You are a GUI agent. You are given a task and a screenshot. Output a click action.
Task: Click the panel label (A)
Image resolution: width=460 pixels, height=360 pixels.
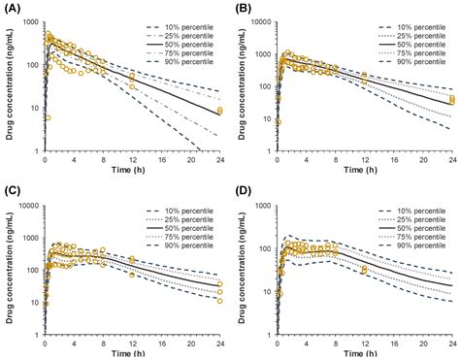tap(15, 9)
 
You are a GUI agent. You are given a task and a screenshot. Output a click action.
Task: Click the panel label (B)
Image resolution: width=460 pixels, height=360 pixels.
tap(245, 9)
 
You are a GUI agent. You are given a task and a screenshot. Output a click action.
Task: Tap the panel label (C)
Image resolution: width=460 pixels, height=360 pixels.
tap(15, 190)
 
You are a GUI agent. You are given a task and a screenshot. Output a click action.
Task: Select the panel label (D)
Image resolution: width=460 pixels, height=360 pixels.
tap(245, 190)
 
